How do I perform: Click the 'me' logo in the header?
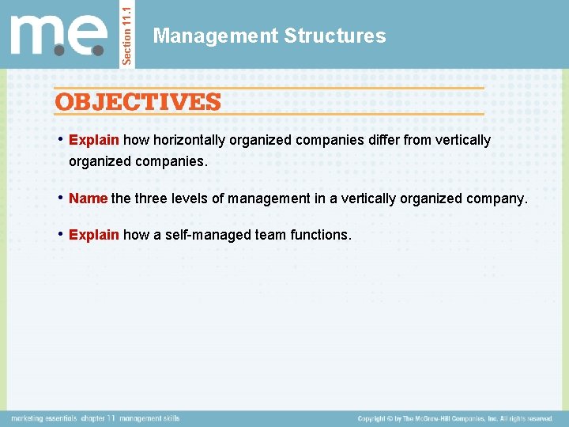(58, 36)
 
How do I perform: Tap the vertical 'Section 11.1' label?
(129, 33)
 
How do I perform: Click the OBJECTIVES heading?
(138, 102)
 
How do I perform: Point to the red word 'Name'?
(88, 198)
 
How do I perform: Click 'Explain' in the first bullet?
(94, 140)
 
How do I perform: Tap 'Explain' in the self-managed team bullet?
(94, 235)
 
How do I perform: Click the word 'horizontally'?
(190, 140)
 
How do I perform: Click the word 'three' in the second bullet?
(152, 198)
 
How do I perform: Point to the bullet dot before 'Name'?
(61, 198)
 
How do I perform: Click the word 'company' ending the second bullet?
(496, 198)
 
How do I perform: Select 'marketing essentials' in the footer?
(43, 418)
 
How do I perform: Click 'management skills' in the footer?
(150, 418)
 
